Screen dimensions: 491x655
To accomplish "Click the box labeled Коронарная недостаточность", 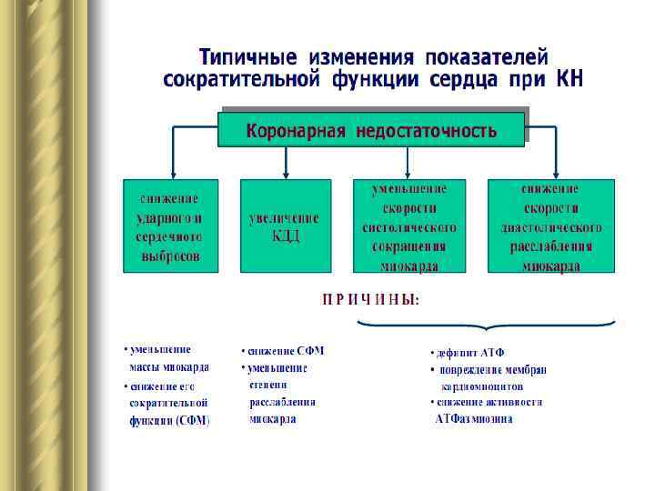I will pyautogui.click(x=371, y=130).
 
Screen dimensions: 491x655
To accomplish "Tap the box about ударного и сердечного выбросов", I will pyautogui.click(x=170, y=226).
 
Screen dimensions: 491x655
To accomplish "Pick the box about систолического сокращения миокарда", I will pyautogui.click(x=408, y=226).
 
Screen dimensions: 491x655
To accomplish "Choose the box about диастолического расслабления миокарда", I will pyautogui.click(x=551, y=226).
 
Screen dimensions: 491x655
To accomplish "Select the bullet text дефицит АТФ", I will pyautogui.click(x=470, y=352).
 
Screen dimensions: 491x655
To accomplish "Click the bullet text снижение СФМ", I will pyautogui.click(x=285, y=350).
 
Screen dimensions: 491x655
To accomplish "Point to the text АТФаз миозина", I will pyautogui.click(x=474, y=419).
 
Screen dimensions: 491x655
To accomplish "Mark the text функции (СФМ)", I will pyautogui.click(x=169, y=420).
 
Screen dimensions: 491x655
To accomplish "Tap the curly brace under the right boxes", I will pyautogui.click(x=486, y=325).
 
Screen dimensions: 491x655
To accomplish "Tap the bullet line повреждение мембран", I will pyautogui.click(x=491, y=369).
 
